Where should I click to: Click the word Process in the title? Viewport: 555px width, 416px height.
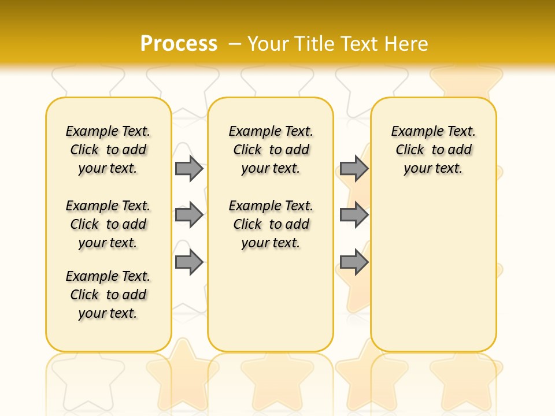click(x=179, y=43)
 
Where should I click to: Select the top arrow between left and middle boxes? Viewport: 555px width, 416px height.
click(x=189, y=168)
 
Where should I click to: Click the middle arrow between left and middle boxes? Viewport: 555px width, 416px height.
click(x=189, y=215)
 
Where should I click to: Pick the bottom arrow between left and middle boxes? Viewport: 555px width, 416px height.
click(x=189, y=262)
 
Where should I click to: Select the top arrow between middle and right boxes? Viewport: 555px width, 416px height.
click(x=354, y=168)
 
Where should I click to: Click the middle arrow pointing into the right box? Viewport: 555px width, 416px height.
click(x=354, y=215)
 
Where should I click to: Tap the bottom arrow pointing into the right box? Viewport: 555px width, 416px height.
click(x=354, y=262)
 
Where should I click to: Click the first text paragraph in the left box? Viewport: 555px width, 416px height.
click(x=108, y=150)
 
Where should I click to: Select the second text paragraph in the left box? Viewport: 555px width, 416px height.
click(x=108, y=224)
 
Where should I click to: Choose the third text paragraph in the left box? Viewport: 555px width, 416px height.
click(x=108, y=295)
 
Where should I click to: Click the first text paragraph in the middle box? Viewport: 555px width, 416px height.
click(x=271, y=150)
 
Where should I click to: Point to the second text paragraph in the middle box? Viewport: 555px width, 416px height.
click(x=271, y=224)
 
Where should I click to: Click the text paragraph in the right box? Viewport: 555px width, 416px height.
click(x=433, y=150)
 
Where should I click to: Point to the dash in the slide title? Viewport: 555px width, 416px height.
click(x=235, y=43)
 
